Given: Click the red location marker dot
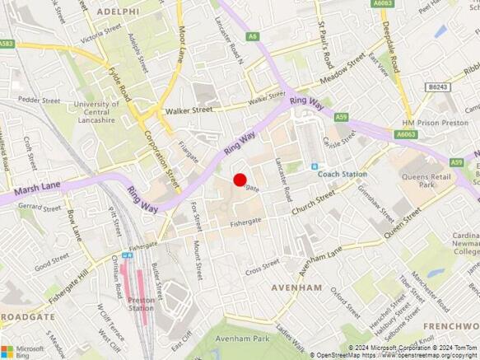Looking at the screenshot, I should (x=240, y=180).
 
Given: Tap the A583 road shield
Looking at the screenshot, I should (x=6, y=44).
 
